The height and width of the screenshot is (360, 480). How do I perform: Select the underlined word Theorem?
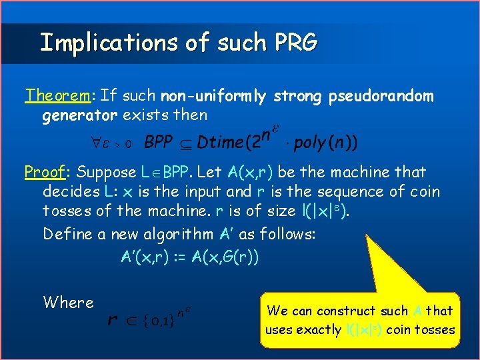(57, 97)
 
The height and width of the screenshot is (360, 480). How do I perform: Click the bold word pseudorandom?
(381, 97)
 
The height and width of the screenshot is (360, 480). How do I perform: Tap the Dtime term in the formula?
(221, 142)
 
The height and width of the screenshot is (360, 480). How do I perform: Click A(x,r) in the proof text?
(250, 172)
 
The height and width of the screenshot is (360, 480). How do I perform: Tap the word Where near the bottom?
(68, 303)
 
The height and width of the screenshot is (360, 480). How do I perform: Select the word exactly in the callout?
(317, 329)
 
